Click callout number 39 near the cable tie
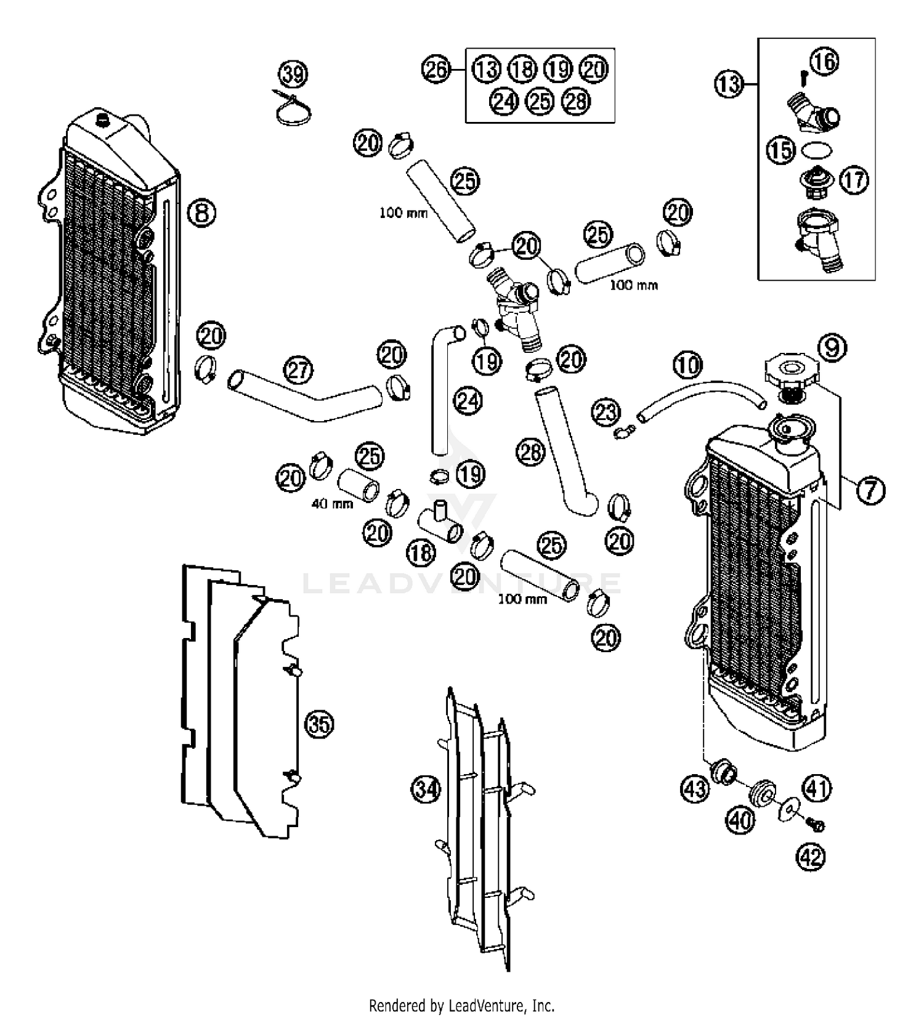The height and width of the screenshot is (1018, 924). (x=293, y=75)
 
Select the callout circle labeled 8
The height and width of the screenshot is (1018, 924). (x=202, y=213)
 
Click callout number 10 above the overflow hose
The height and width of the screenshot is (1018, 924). (x=687, y=365)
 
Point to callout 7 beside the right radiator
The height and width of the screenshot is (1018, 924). (x=870, y=491)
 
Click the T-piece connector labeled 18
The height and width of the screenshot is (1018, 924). (x=440, y=523)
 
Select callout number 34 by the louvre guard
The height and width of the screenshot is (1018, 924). (x=426, y=789)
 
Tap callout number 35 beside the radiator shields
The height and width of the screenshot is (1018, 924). (x=319, y=724)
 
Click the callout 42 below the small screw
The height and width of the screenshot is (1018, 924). (x=811, y=857)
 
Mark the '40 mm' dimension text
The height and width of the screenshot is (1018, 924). (x=332, y=504)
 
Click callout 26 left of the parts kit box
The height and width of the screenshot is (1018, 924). (x=436, y=69)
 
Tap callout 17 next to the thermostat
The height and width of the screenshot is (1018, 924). (x=854, y=180)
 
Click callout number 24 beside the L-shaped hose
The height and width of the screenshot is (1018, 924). (x=468, y=402)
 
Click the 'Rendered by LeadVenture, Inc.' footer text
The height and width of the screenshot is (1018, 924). (x=461, y=1006)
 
